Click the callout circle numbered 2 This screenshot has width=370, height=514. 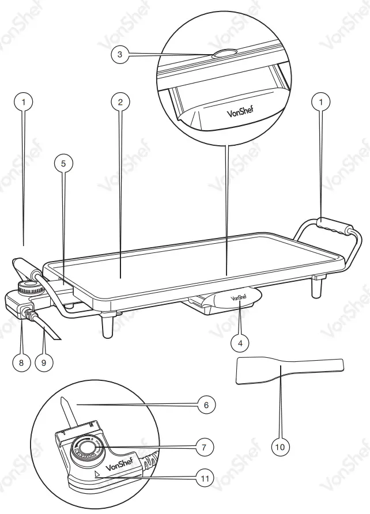click(x=120, y=102)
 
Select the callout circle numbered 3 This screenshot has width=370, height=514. click(x=119, y=55)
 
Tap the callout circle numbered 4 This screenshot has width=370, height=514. click(x=240, y=342)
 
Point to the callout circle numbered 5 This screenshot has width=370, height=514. click(x=63, y=164)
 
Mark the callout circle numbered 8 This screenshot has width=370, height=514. click(x=22, y=363)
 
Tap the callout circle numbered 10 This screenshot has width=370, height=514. click(x=281, y=446)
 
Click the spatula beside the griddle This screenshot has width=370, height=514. click(x=288, y=369)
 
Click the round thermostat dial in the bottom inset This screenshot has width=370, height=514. click(x=88, y=448)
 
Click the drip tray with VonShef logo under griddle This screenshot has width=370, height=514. click(x=236, y=300)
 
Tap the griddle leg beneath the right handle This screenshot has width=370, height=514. click(x=316, y=286)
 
